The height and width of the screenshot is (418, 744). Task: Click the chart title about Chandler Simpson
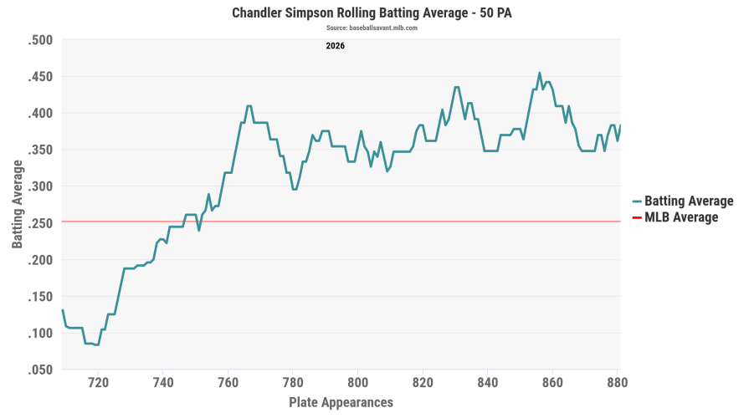[x=372, y=13]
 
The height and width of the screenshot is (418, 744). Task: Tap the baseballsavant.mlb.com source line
[x=372, y=28]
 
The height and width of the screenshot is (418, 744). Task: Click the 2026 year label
[x=335, y=46]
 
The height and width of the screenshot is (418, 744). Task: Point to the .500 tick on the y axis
[x=40, y=40]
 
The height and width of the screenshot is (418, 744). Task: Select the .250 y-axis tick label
[x=40, y=223]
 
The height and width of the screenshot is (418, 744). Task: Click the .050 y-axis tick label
[x=40, y=370]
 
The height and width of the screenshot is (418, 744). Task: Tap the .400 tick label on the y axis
[x=40, y=113]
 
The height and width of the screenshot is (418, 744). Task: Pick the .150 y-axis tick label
[x=40, y=297]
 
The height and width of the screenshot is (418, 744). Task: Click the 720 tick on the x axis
[x=98, y=382]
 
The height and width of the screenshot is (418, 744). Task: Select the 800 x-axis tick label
[x=357, y=382]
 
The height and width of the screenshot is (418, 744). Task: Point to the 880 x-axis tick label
[x=618, y=382]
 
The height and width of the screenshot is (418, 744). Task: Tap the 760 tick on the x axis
[x=228, y=382]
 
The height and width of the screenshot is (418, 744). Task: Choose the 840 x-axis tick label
[x=488, y=382]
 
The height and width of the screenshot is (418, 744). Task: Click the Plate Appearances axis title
[x=341, y=402]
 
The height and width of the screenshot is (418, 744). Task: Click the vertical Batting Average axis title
[x=18, y=204]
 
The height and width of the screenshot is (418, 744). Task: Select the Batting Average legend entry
[x=683, y=201]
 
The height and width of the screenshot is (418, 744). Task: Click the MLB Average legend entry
[x=675, y=217]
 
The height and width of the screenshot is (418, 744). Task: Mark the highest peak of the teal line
[x=540, y=73]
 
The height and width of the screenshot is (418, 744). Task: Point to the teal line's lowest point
[x=97, y=345]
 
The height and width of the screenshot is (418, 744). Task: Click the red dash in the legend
[x=637, y=217]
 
